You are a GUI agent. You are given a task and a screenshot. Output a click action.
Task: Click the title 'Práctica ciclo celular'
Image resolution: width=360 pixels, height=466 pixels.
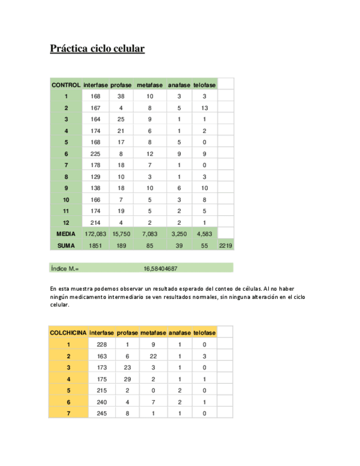pos(97,49)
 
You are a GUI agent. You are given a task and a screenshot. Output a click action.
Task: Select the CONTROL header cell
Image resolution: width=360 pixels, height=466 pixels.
pos(65,85)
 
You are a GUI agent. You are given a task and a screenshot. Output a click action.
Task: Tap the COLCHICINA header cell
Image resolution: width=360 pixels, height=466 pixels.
pos(68,333)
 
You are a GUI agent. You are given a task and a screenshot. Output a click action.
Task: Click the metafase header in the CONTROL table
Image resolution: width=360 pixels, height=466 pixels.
pos(149,85)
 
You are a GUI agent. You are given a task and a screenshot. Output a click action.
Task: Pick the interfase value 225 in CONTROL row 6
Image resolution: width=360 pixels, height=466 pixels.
pos(95,154)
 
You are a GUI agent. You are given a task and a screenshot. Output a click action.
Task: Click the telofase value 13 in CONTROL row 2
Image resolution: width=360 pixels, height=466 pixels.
pos(204,108)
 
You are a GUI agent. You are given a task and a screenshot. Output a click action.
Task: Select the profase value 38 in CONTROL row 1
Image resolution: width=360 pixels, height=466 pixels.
pos(121,97)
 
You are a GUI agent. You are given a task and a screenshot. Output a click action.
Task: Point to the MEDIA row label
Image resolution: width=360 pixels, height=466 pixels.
pos(65,234)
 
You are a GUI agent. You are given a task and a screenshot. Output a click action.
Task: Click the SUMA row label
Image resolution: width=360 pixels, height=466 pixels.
pos(65,245)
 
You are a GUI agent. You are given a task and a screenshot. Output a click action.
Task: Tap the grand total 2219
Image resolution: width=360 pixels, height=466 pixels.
pos(226,245)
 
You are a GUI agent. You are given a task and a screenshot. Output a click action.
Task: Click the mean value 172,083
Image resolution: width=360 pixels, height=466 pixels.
pos(95,234)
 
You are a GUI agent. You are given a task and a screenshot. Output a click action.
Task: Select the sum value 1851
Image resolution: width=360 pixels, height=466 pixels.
pos(95,245)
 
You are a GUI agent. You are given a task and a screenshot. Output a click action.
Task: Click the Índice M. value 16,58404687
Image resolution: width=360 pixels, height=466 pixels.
pos(160,269)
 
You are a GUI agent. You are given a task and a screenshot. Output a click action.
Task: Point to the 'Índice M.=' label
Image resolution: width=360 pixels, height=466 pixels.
pos(64,269)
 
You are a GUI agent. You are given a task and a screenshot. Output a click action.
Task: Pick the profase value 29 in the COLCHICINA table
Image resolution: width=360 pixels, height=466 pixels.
pos(126,379)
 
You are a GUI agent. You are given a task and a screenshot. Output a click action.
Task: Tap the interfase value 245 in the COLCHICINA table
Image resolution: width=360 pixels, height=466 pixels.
pos(101,414)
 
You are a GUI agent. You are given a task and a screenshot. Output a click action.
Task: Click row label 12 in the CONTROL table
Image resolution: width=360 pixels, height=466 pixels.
pos(65,223)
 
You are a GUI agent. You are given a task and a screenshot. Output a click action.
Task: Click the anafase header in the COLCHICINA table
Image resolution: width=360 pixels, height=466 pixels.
pos(179,333)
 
